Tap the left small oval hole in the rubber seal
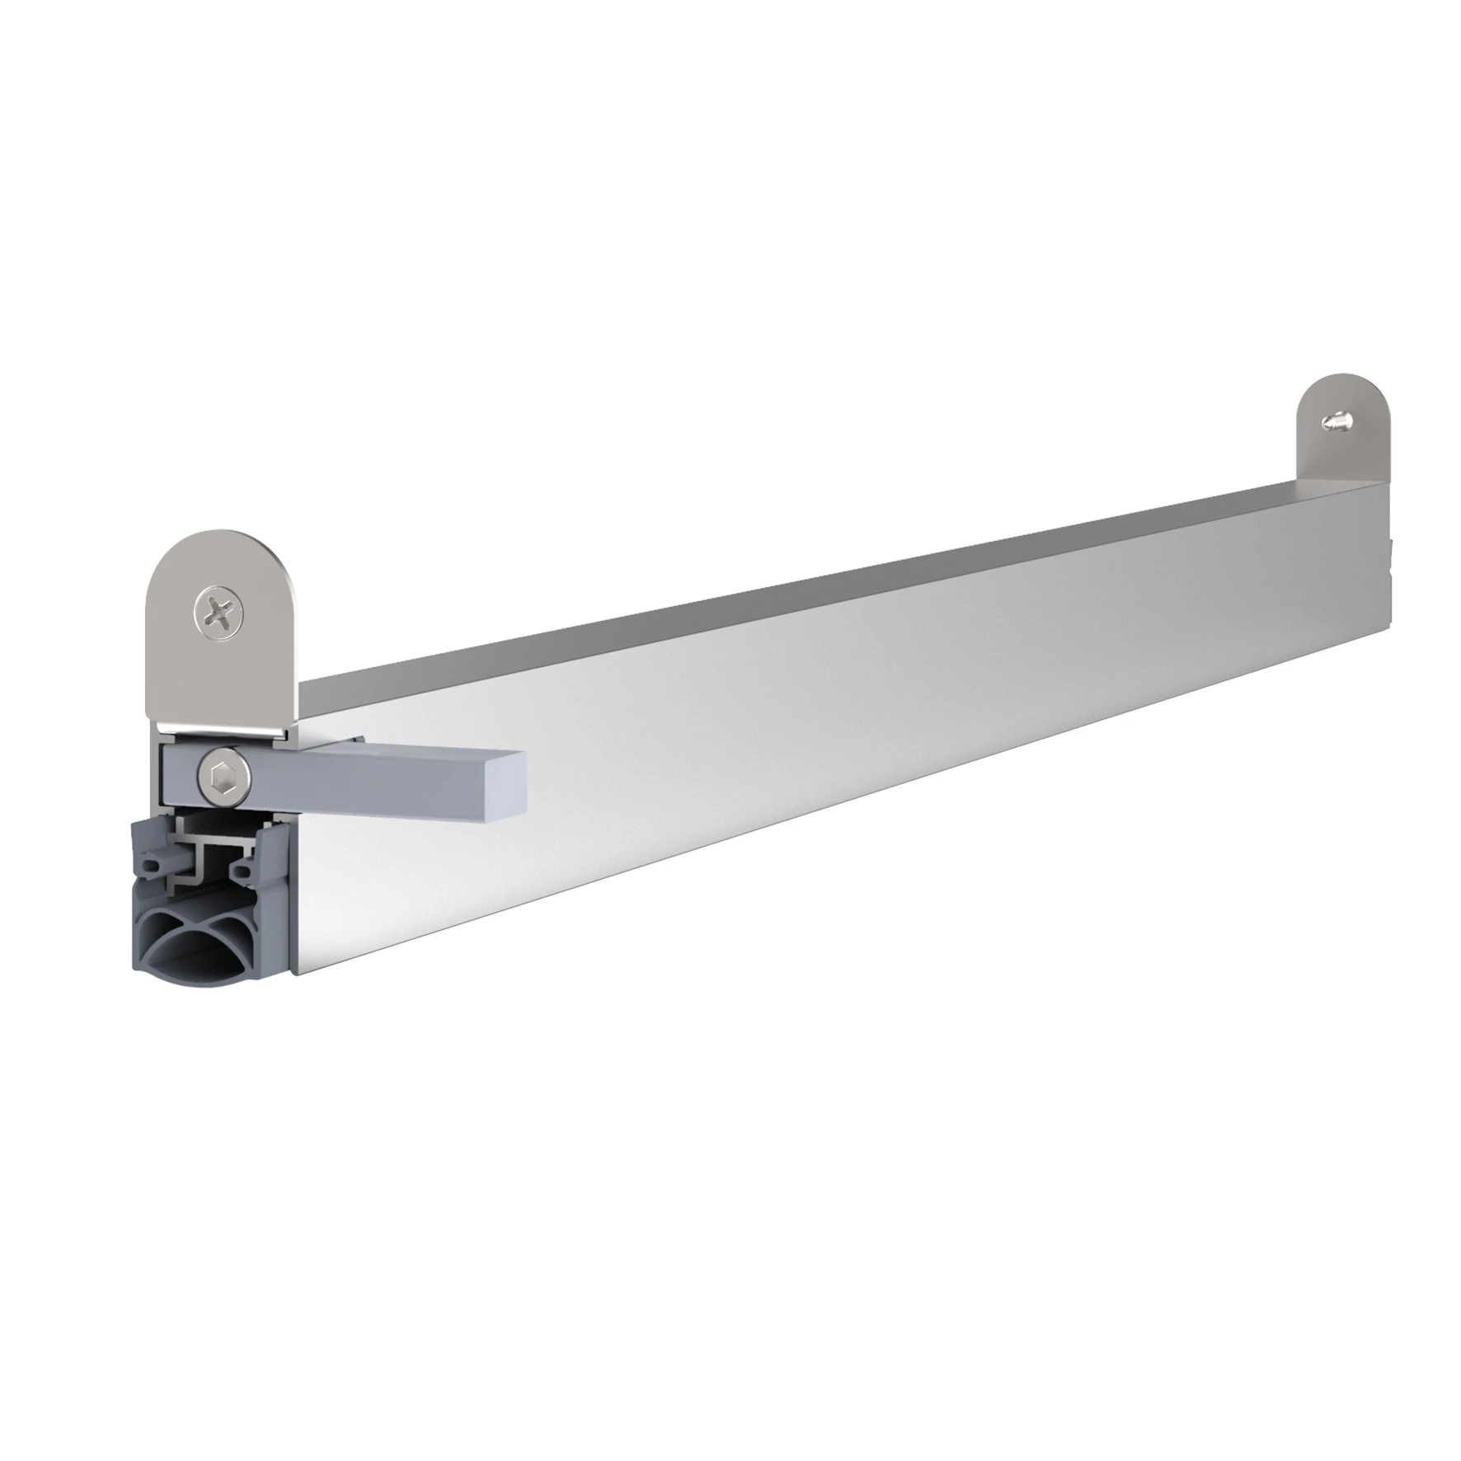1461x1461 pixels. pos(151,867)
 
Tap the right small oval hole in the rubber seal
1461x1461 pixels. pos(242,867)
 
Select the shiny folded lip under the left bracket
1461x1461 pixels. pos(223,726)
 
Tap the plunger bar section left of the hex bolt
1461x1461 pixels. pos(178,775)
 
